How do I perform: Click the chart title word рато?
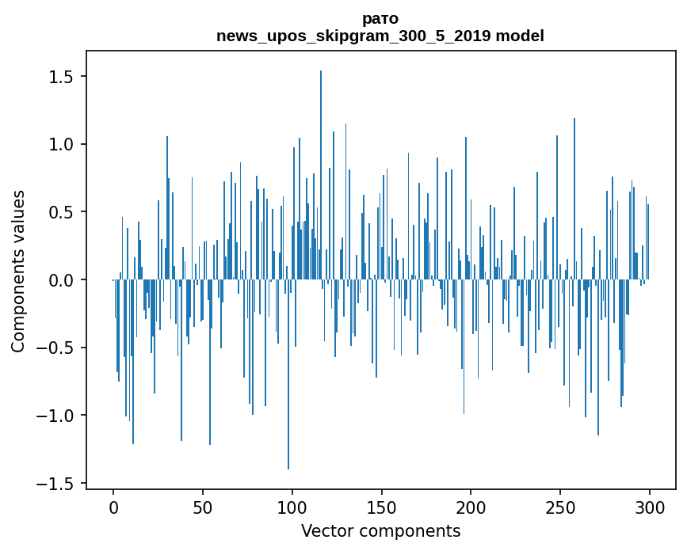[380, 19]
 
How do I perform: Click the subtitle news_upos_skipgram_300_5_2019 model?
[380, 36]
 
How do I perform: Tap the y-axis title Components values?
[18, 271]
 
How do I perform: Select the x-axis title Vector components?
[380, 530]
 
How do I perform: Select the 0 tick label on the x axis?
[113, 507]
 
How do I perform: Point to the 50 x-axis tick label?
[203, 507]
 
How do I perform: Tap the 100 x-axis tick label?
[292, 507]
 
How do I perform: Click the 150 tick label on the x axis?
[382, 507]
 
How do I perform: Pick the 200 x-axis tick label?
[471, 507]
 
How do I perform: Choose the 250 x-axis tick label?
[560, 507]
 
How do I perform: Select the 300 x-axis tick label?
[650, 507]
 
